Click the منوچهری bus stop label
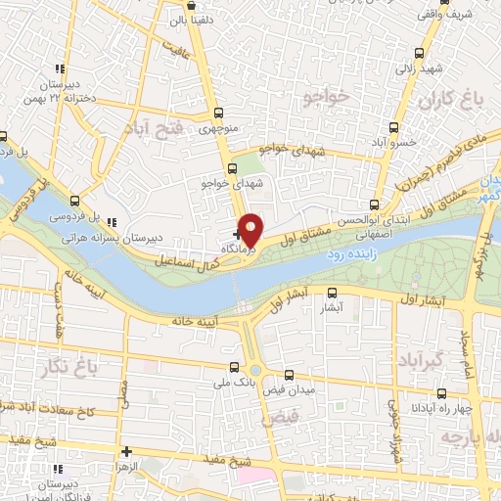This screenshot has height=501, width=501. (x=218, y=128)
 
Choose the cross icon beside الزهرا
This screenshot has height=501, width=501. (x=126, y=451)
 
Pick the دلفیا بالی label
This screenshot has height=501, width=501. (x=191, y=19)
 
